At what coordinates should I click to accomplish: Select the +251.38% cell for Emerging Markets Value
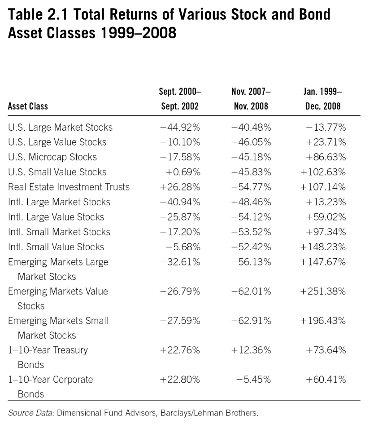(x=323, y=291)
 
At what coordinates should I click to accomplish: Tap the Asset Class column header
(x=28, y=107)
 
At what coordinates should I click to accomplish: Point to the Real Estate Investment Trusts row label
(x=69, y=187)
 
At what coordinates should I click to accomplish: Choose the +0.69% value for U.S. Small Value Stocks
(x=183, y=172)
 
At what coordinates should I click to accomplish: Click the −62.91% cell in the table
(x=251, y=321)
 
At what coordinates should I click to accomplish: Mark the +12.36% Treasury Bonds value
(x=251, y=350)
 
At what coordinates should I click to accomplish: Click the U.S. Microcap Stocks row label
(x=52, y=157)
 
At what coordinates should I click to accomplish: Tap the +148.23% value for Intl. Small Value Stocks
(x=323, y=247)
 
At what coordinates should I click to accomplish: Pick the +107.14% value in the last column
(x=323, y=187)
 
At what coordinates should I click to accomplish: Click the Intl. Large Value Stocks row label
(x=56, y=217)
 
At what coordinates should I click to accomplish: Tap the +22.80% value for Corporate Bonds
(x=180, y=379)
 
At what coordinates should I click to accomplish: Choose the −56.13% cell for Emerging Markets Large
(x=251, y=261)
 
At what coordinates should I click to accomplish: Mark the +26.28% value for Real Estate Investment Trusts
(x=180, y=187)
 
